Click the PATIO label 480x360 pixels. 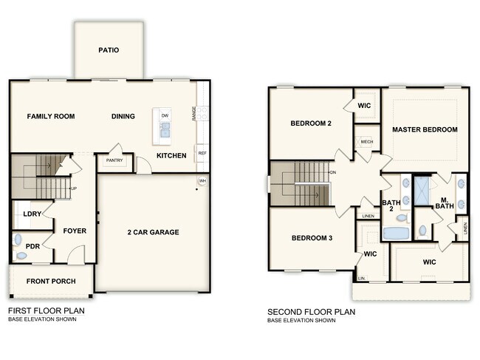(109, 50)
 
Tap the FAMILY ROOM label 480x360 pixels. (51, 116)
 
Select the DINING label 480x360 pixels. (123, 116)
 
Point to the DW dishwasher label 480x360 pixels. (164, 116)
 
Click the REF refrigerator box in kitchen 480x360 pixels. (202, 153)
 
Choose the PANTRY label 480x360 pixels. (114, 160)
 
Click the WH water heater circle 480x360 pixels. (202, 181)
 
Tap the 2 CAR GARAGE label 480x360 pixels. (152, 232)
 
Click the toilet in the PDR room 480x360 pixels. (21, 256)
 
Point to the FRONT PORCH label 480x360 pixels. (50, 282)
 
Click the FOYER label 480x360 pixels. (75, 231)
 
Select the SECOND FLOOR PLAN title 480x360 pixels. (311, 312)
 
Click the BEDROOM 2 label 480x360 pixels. (310, 123)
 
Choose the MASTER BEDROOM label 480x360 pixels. (425, 129)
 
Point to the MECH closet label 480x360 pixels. (366, 141)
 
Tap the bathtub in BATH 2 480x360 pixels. (397, 234)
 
